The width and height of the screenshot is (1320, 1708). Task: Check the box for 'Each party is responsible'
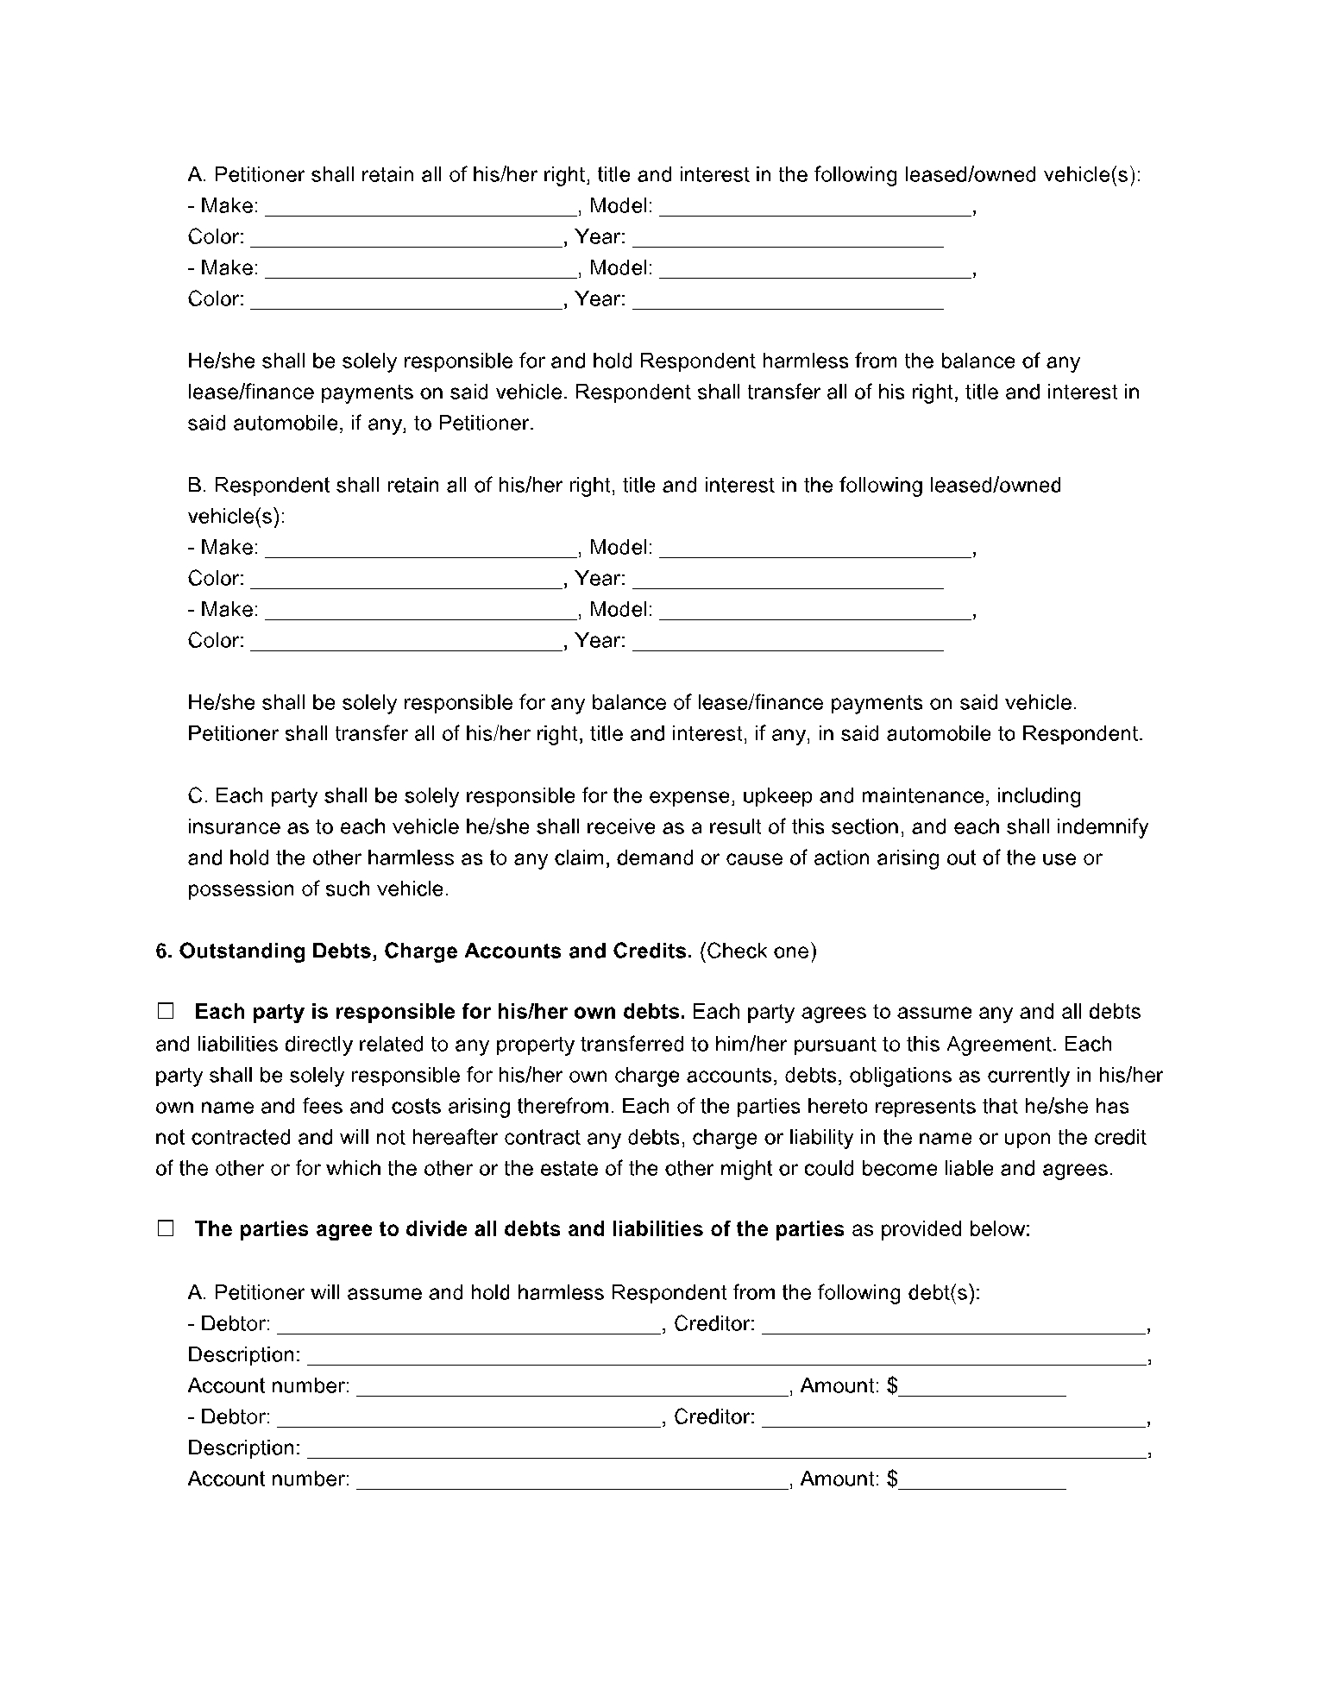(x=166, y=1011)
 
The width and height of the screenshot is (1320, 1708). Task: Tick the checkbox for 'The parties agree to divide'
(x=166, y=1228)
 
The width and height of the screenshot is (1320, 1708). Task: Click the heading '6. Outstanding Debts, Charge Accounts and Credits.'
(x=424, y=951)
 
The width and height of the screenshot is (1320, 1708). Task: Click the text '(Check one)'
(x=757, y=951)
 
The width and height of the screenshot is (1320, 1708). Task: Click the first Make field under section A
(x=420, y=207)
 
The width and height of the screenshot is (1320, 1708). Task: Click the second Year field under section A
(x=788, y=300)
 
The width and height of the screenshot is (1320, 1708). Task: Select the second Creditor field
(x=954, y=1418)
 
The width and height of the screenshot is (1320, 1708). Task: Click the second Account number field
(x=571, y=1480)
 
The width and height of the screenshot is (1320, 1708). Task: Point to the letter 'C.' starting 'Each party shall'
(x=197, y=795)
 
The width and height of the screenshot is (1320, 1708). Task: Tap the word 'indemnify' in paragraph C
(x=1107, y=826)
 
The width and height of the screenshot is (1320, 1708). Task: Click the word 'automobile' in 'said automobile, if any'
(x=280, y=424)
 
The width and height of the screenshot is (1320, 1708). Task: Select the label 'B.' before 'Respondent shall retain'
(x=197, y=485)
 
